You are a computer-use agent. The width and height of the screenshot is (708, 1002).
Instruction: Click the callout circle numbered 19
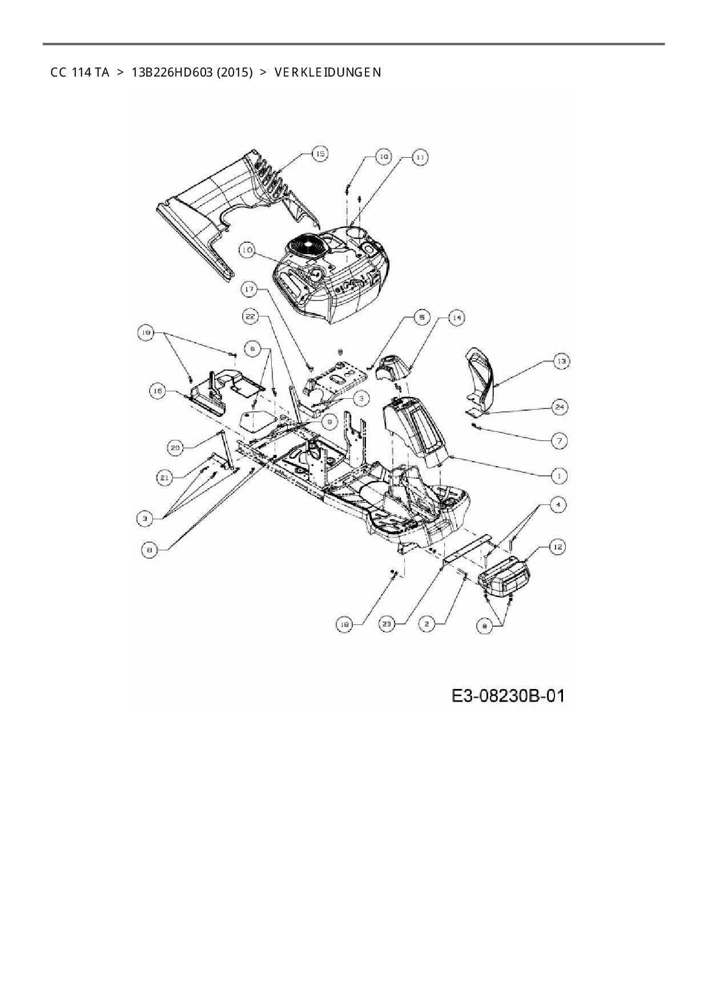pos(147,332)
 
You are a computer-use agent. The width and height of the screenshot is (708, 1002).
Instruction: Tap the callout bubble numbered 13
pos(561,361)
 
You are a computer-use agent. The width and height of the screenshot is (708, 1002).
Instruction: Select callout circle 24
pos(560,407)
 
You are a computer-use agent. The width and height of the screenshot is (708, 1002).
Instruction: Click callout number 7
pos(559,440)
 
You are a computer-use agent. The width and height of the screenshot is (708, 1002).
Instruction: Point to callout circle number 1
pos(559,475)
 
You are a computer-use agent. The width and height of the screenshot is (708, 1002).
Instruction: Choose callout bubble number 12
pos(558,547)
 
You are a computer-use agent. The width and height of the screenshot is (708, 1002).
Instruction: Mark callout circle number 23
pos(387,624)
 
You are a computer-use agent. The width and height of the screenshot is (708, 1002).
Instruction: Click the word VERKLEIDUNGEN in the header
pos(327,73)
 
